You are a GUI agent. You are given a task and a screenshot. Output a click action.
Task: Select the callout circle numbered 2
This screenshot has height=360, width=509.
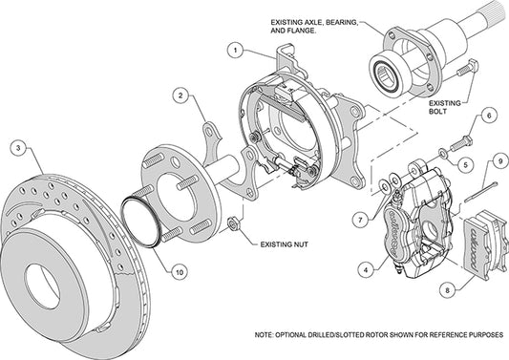pyautogui.click(x=180, y=95)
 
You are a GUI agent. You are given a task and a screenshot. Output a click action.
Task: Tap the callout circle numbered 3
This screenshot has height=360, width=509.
pyautogui.click(x=17, y=148)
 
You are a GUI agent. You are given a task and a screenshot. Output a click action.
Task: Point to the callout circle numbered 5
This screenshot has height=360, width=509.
pyautogui.click(x=465, y=164)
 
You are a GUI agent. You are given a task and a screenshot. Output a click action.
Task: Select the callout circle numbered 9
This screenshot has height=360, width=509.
pyautogui.click(x=499, y=159)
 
